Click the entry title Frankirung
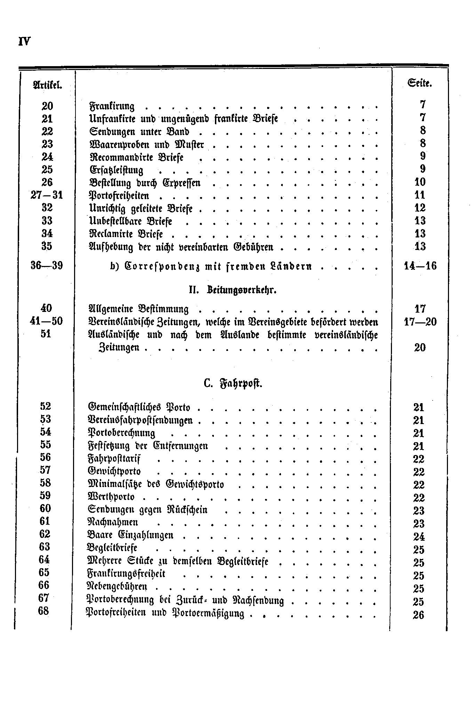pos(112,106)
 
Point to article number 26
pos(47,182)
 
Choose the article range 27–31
pos(47,195)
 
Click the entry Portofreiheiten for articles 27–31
pos(119,195)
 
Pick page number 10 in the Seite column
pos(420,182)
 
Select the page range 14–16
pos(420,266)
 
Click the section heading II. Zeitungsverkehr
pos(232,290)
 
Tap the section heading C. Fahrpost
pos(233,384)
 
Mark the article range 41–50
pos(46,321)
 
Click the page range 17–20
pos(420,322)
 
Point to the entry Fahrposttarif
pos(114,459)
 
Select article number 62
pos(45,534)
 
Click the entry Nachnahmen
pos(112,522)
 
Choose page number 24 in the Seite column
pos(419,536)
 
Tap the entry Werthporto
pos(111,497)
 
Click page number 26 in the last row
pos(418,615)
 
